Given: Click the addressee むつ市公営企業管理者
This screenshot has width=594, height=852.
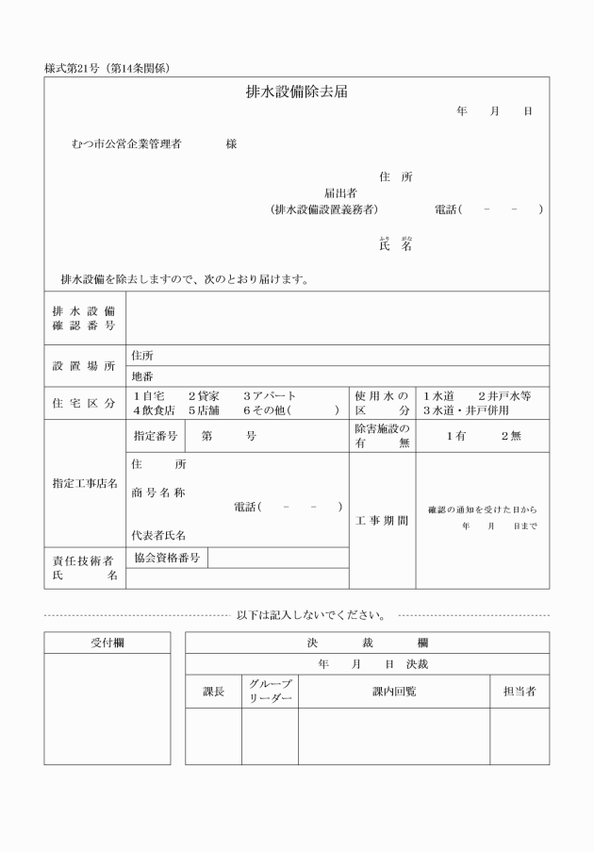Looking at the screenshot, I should tap(126, 144).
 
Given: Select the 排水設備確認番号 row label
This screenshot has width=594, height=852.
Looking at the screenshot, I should tap(84, 318).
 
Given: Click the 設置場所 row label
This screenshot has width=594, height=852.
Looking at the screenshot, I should tap(84, 365).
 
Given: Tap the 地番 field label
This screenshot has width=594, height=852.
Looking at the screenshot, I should tap(141, 376).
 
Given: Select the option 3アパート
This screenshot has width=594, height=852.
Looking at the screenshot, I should tap(270, 396).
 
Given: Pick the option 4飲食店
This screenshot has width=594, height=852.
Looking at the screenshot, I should tap(154, 410).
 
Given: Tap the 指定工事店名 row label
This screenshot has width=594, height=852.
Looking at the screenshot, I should tap(84, 484).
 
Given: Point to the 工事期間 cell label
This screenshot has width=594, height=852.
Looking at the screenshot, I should tap(382, 521).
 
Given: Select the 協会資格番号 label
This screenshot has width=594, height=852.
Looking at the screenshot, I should tap(167, 558).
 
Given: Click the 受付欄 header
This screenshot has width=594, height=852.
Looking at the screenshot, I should tap(107, 643).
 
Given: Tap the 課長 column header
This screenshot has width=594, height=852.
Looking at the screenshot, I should tap(213, 692).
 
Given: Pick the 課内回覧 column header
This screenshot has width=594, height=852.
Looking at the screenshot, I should tap(394, 692).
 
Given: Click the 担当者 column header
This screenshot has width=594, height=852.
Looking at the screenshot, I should tap(519, 692).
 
